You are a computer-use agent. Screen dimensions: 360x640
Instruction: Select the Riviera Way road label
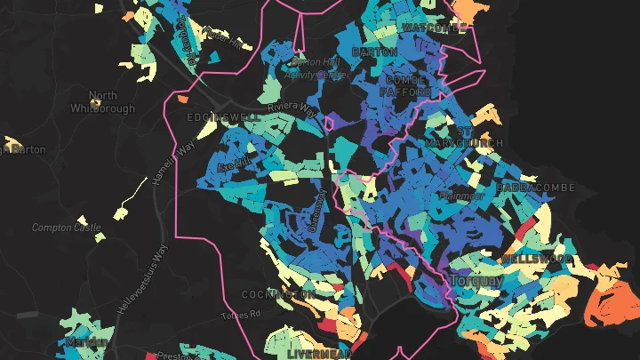[x=295, y=108]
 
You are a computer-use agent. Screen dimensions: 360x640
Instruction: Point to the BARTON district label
[x=374, y=52]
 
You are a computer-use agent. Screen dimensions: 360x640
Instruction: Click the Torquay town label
[x=476, y=280]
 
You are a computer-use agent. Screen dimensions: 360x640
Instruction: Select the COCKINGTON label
[x=278, y=294]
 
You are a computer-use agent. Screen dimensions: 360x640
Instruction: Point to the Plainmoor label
[x=461, y=195]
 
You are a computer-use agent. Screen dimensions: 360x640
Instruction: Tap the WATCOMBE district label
[x=435, y=28]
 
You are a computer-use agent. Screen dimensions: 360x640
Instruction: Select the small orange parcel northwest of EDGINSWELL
[x=183, y=99]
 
